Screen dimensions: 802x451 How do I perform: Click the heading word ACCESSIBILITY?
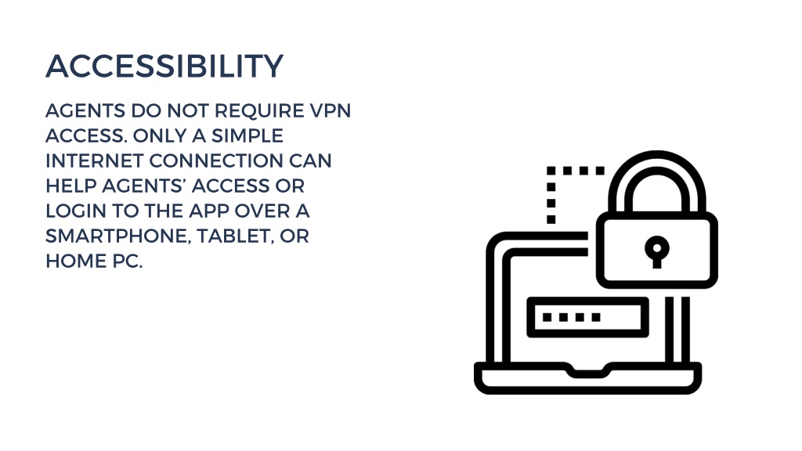pyautogui.click(x=164, y=66)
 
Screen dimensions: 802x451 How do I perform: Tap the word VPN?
pyautogui.click(x=331, y=110)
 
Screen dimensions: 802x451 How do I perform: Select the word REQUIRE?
pyautogui.click(x=260, y=110)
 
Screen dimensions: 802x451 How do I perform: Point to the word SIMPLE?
pyautogui.click(x=247, y=135)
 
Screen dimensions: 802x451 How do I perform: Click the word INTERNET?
pyautogui.click(x=95, y=161)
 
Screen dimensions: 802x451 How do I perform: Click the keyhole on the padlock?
pyautogui.click(x=657, y=251)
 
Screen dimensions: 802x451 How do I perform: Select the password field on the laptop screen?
pyautogui.click(x=587, y=317)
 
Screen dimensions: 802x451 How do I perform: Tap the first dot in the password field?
pyautogui.click(x=547, y=317)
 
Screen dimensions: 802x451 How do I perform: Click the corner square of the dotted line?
pyautogui.click(x=551, y=171)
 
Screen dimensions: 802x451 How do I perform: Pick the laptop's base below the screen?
pyautogui.click(x=587, y=384)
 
